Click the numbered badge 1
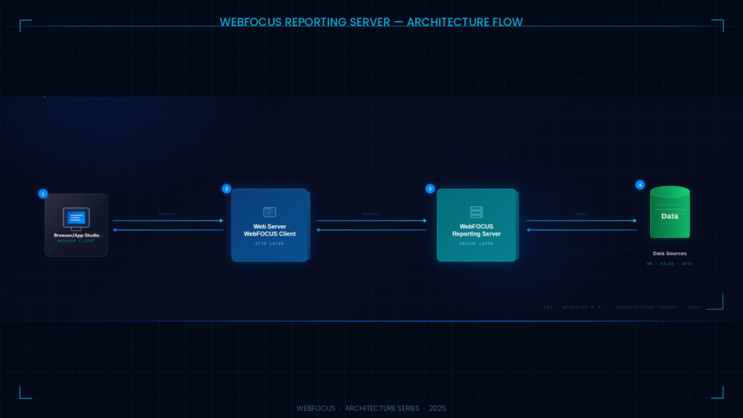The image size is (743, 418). [x=43, y=194]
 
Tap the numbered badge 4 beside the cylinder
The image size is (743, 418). [x=639, y=184]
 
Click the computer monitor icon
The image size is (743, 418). [x=76, y=217]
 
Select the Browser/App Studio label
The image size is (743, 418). [x=76, y=235]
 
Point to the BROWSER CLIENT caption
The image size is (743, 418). [x=76, y=241]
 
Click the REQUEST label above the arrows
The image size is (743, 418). [x=168, y=214]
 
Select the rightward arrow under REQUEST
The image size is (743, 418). [x=168, y=221]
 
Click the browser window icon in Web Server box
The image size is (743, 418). [x=269, y=212]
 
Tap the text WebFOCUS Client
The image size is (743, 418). [x=269, y=234]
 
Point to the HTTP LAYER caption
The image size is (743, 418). [x=269, y=243]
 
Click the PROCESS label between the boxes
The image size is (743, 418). [x=371, y=214]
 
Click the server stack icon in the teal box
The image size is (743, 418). [x=476, y=212]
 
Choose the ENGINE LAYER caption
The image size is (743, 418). [x=476, y=243]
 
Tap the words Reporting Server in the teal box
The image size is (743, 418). [x=476, y=234]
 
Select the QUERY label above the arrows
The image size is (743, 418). [x=581, y=214]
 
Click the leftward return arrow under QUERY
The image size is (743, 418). [x=581, y=230]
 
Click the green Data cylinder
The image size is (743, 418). [x=670, y=214]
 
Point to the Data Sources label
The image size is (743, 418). [x=670, y=253]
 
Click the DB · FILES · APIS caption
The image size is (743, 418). [x=670, y=263]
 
